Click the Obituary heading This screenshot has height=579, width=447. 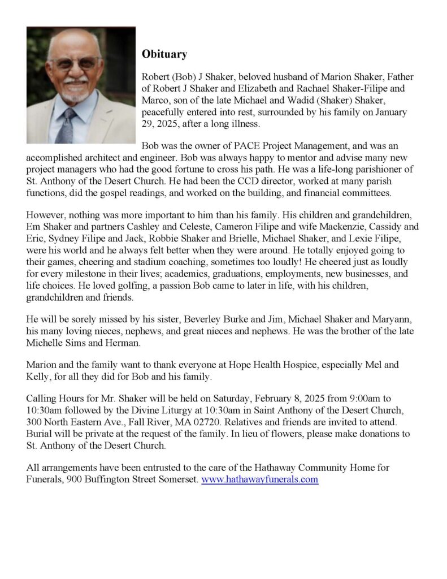pyautogui.click(x=164, y=55)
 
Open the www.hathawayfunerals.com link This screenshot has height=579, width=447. pyautogui.click(x=260, y=479)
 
